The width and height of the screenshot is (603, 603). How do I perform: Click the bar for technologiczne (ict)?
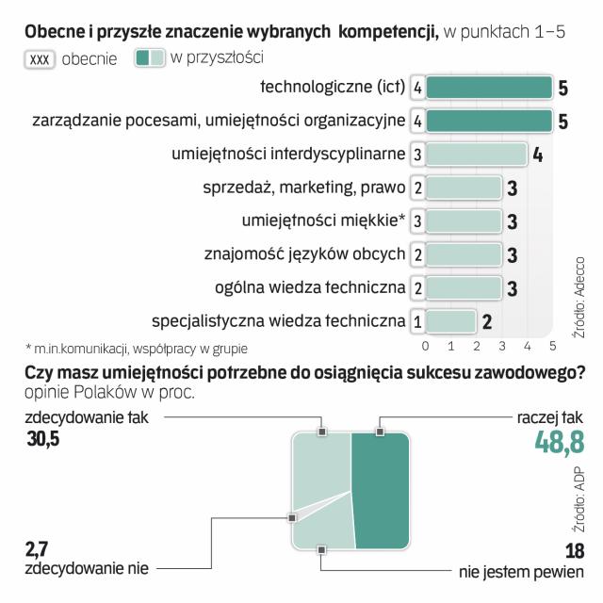click(x=488, y=88)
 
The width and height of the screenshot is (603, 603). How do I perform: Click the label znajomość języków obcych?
click(x=304, y=254)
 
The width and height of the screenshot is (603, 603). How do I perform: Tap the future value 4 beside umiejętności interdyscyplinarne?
click(x=537, y=155)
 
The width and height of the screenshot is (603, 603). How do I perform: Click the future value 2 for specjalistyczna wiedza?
click(x=486, y=321)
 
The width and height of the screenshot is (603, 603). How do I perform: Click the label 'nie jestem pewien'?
click(x=516, y=570)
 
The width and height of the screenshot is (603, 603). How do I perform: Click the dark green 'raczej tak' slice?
click(x=381, y=490)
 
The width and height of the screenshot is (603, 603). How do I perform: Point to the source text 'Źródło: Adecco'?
click(x=578, y=269)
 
